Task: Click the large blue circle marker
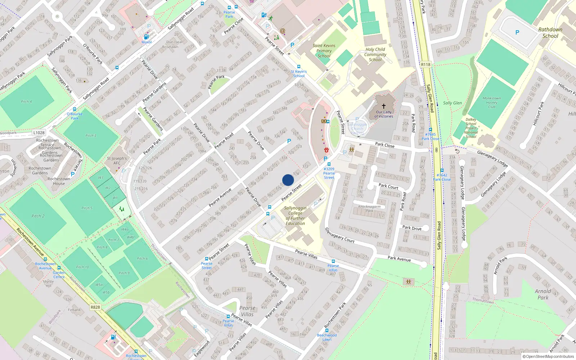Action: point(288,180)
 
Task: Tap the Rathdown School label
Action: point(550,33)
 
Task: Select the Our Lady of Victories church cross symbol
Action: point(383,106)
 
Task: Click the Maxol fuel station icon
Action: point(146,37)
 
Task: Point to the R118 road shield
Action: point(426,64)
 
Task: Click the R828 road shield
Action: point(95,307)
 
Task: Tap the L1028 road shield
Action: point(39,132)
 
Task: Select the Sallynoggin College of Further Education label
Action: point(295,216)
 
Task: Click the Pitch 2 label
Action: point(38,216)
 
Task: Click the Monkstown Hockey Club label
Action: point(491,103)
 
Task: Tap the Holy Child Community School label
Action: point(375,55)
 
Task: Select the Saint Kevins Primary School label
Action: point(324,51)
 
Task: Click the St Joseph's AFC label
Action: point(117,161)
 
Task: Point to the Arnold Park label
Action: point(543,294)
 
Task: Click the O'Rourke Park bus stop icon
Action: point(75,109)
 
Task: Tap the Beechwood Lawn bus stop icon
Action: point(327,330)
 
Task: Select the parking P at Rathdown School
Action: point(517,32)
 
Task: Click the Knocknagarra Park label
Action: point(369,208)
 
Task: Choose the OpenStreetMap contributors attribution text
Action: point(548,356)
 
